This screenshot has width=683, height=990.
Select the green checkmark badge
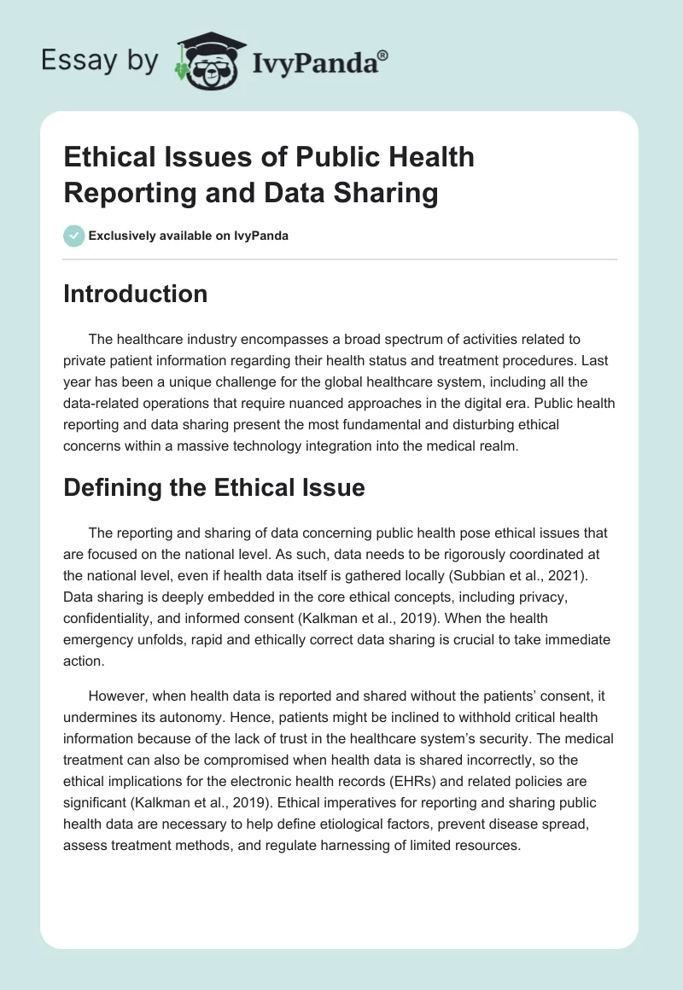point(73,236)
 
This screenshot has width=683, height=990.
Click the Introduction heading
point(136,294)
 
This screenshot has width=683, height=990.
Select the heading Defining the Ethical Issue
point(214,487)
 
